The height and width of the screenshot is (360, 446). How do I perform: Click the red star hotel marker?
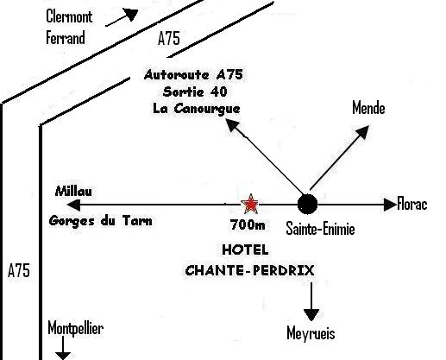point(251,204)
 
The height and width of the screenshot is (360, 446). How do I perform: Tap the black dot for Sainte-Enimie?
point(307,204)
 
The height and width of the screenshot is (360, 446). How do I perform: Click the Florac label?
point(412,204)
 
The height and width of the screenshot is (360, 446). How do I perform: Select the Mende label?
point(368,108)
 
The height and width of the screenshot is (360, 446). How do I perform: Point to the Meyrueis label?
point(311,334)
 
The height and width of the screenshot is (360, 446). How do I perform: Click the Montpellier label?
point(75,328)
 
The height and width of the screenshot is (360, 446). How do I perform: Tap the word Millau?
point(73,191)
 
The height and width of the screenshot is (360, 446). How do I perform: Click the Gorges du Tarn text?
point(101,221)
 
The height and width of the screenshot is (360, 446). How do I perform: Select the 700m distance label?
point(248,224)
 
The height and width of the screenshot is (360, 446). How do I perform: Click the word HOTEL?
point(246,249)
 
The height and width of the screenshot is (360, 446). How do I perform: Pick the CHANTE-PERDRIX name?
point(249,270)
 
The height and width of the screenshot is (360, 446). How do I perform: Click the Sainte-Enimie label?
point(320,229)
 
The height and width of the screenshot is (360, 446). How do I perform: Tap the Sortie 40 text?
point(195,92)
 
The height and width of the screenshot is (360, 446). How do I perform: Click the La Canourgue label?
point(197,109)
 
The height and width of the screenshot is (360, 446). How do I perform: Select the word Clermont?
point(69,16)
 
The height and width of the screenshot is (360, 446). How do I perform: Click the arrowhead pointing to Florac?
point(390,205)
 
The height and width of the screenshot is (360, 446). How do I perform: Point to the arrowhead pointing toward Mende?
point(363,131)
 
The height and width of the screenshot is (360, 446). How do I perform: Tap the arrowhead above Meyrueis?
point(311,315)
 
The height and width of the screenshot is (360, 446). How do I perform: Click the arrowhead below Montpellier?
point(63,356)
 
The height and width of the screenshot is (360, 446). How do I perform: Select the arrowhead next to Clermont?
point(131,14)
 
